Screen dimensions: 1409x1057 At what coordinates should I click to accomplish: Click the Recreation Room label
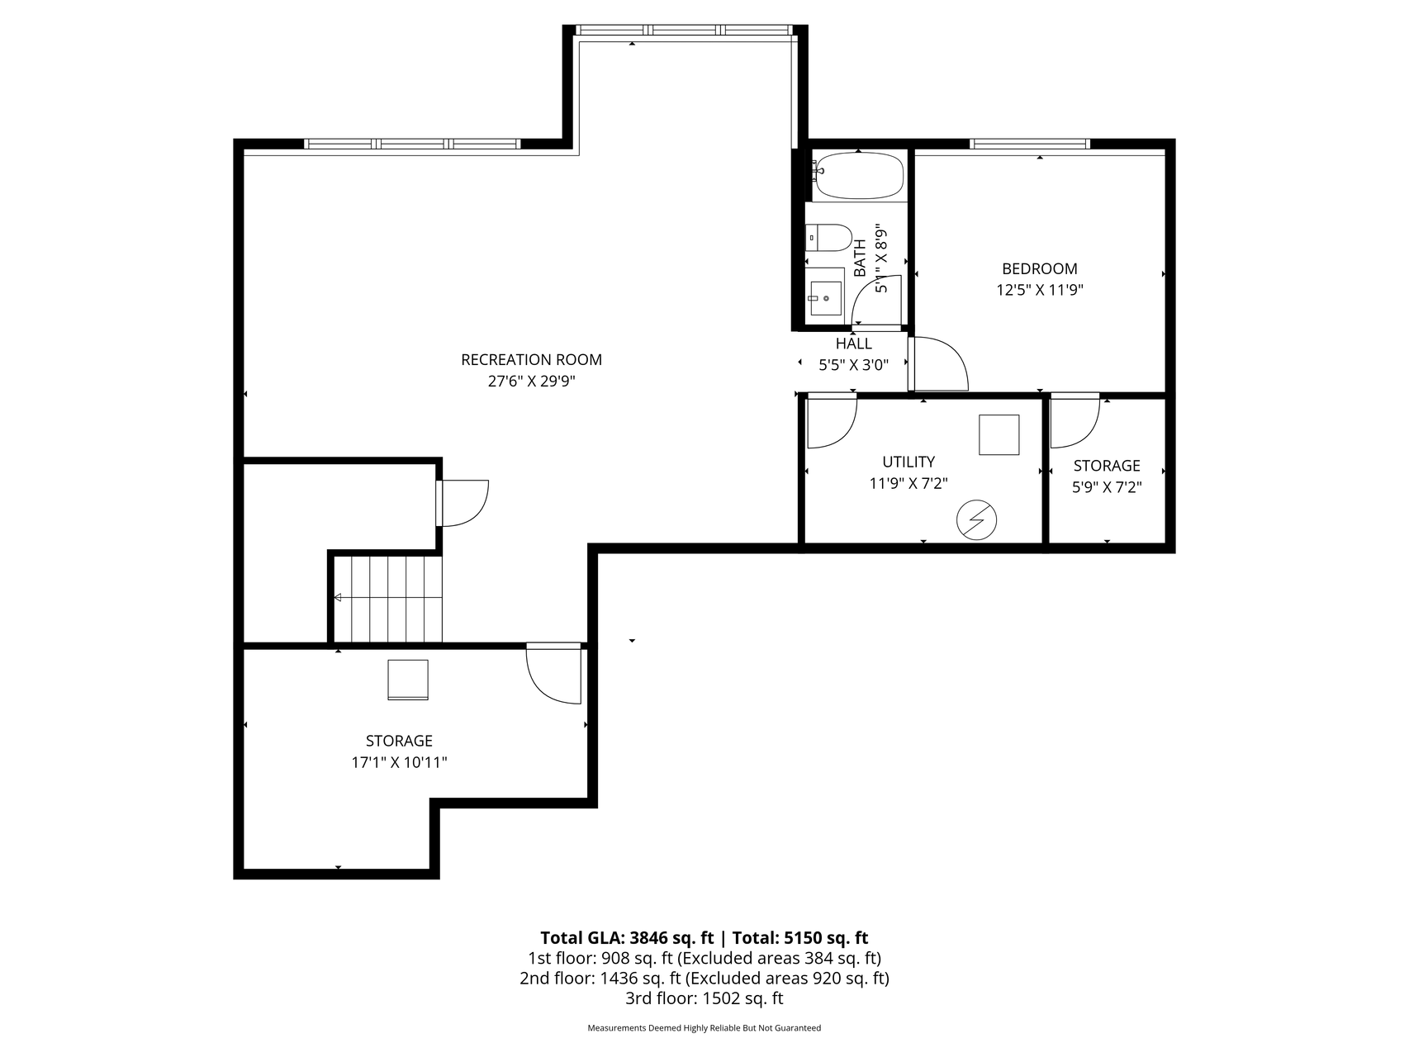pos(531,360)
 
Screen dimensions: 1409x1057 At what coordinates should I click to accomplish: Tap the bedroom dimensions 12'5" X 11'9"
pos(1040,290)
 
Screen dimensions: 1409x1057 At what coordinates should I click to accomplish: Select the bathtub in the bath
pos(859,176)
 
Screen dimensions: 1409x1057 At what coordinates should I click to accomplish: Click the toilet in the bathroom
pos(829,238)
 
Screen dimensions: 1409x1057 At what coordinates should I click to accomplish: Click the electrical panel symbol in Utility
pos(977,520)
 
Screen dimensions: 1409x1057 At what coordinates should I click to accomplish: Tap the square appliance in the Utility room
pos(999,434)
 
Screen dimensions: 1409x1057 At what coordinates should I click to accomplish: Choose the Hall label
pos(853,344)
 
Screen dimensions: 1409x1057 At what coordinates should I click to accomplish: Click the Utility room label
pos(908,462)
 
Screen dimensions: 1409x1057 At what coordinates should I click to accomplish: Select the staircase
pos(388,598)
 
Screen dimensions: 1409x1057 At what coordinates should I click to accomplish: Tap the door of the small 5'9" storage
pos(1075,420)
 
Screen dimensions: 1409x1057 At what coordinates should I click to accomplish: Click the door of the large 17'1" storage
pos(554,672)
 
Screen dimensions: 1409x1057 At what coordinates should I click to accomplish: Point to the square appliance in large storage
pos(408,680)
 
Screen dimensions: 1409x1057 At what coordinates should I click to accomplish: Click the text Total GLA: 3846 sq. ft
pos(627,937)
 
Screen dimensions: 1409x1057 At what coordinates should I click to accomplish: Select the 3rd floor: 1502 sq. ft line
pos(704,998)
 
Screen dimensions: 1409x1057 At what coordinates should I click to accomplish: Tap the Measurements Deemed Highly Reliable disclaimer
pos(704,1028)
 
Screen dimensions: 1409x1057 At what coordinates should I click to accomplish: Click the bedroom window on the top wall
pos(1030,144)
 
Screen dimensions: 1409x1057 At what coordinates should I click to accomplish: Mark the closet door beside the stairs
pos(463,503)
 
